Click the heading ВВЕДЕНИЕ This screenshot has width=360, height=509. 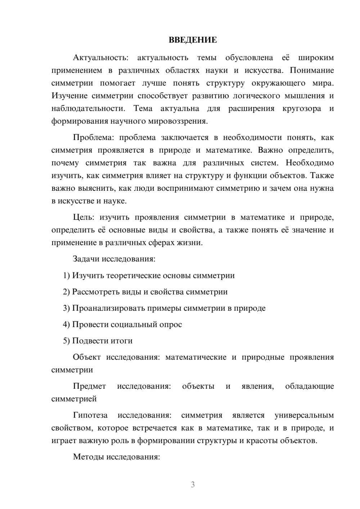(x=193, y=40)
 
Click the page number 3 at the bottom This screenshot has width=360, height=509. (x=193, y=485)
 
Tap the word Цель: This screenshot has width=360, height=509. (x=84, y=217)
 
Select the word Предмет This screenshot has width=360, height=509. (x=89, y=387)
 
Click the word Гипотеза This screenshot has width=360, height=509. (x=90, y=415)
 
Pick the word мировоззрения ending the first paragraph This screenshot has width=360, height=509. (x=177, y=121)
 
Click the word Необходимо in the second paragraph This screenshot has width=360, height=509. (x=310, y=163)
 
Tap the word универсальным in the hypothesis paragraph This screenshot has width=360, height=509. (x=304, y=415)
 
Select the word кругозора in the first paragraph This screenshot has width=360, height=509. (x=302, y=109)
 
